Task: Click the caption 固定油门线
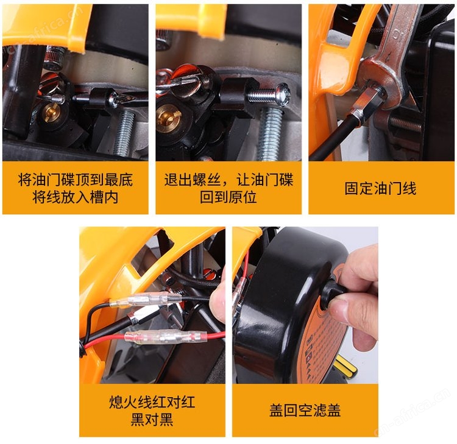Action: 380,188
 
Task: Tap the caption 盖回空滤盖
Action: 305,411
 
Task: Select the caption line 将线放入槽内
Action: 75,197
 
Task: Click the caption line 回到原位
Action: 228,197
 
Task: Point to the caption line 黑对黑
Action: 152,420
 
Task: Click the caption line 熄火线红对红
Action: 152,403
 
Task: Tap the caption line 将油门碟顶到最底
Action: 75,180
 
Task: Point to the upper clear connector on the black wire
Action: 145,301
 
